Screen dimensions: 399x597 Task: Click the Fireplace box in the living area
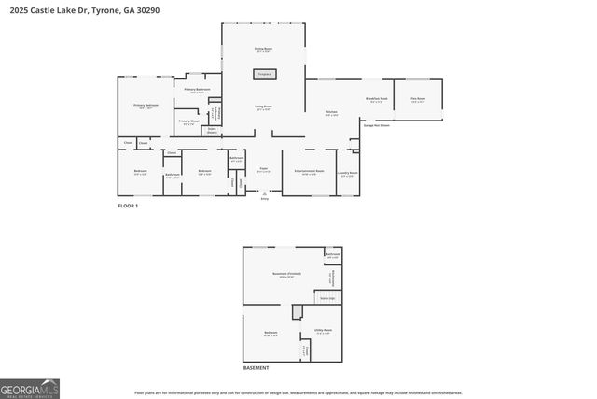click(x=264, y=73)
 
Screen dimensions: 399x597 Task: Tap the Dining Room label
click(x=264, y=49)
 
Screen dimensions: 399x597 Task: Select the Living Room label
click(x=264, y=107)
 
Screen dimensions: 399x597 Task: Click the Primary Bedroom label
click(x=146, y=107)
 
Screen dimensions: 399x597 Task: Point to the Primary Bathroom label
click(x=197, y=90)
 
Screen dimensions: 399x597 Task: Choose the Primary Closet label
click(x=188, y=121)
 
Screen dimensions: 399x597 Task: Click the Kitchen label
click(x=331, y=113)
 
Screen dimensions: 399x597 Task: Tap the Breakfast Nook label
click(x=377, y=99)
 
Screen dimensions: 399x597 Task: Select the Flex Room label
click(x=419, y=99)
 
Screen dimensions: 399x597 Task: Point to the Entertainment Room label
click(x=308, y=172)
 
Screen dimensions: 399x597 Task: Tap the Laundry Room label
click(x=348, y=173)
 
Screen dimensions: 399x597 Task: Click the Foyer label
click(x=264, y=170)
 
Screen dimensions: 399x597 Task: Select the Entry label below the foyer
click(x=264, y=199)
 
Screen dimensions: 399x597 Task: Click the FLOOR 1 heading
click(x=128, y=205)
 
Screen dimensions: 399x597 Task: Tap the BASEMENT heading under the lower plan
click(x=257, y=367)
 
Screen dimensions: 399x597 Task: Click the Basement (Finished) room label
click(x=283, y=275)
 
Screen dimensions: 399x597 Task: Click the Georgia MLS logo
click(x=30, y=387)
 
